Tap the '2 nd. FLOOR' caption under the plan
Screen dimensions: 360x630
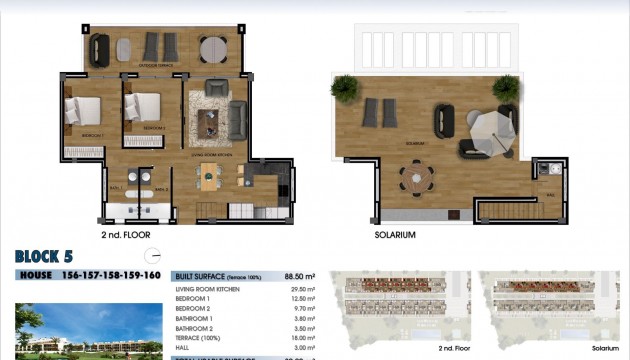click(x=127, y=235)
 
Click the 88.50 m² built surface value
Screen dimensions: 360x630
click(x=300, y=275)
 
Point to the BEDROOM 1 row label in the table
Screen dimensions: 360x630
click(x=193, y=298)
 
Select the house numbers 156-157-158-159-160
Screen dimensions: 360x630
click(x=111, y=275)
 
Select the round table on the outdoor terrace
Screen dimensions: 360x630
click(x=213, y=49)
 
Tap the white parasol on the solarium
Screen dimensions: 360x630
click(x=490, y=127)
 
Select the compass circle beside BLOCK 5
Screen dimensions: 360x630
click(x=152, y=256)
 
